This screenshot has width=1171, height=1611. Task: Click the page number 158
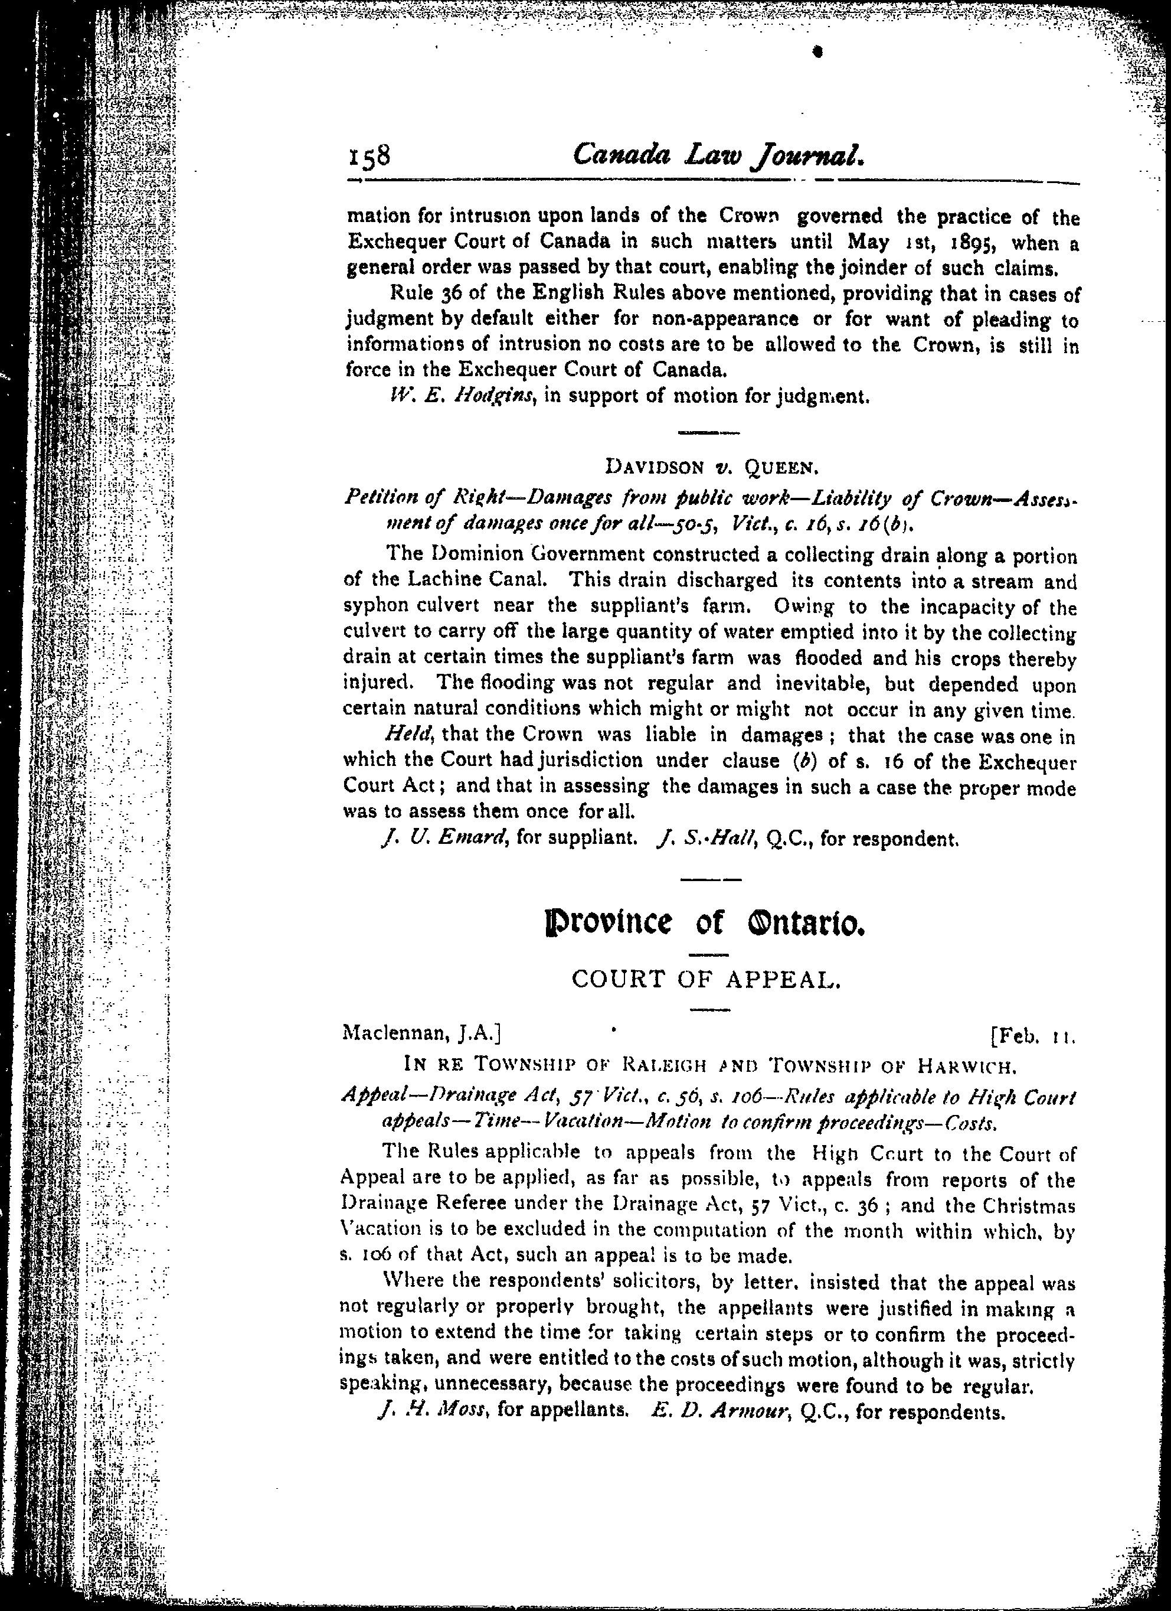click(370, 155)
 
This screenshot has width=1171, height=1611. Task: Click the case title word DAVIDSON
click(653, 467)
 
